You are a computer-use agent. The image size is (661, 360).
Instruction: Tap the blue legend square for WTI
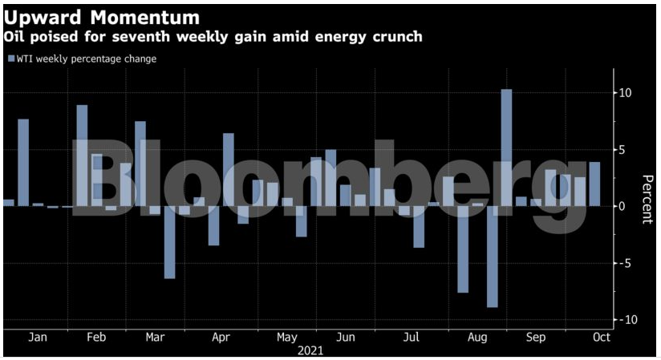pyautogui.click(x=10, y=59)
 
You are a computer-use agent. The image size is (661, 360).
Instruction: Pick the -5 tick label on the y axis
pyautogui.click(x=625, y=263)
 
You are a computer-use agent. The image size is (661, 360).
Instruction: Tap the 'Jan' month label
pyautogui.click(x=38, y=338)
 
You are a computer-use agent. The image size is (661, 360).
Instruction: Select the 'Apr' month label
pyautogui.click(x=221, y=338)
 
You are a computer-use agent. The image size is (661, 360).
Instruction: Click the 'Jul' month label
pyautogui.click(x=412, y=338)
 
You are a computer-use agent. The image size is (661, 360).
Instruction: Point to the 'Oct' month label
pyautogui.click(x=602, y=338)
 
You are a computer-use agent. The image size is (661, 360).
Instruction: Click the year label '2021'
pyautogui.click(x=310, y=350)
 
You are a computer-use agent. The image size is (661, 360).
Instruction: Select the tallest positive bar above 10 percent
pyautogui.click(x=506, y=148)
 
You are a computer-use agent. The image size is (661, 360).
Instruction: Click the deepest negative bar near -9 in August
pyautogui.click(x=492, y=257)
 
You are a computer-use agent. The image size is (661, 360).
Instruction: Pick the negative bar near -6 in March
pyautogui.click(x=169, y=242)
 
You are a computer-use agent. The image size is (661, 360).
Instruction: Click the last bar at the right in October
pyautogui.click(x=594, y=184)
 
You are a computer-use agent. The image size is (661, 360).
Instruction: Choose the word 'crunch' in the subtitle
pyautogui.click(x=398, y=37)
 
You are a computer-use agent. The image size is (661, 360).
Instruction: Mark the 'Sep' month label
pyautogui.click(x=536, y=338)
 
